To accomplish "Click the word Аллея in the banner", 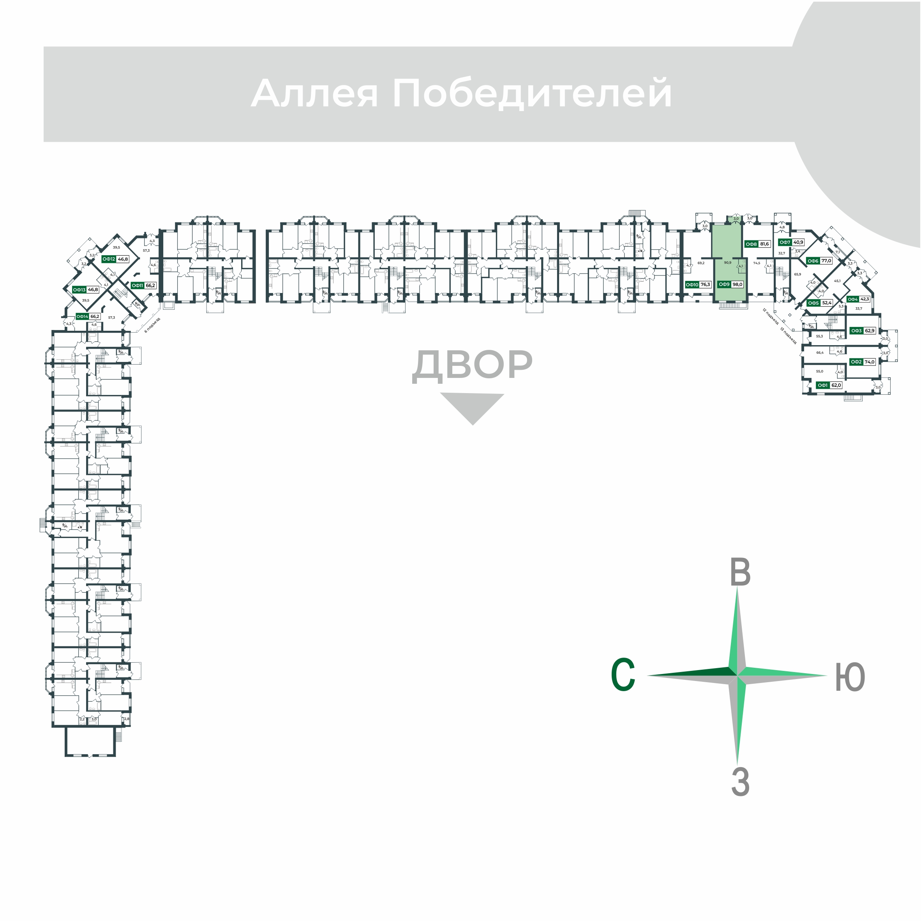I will click(315, 94).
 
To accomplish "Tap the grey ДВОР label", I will click(472, 365).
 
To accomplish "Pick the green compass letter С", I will click(623, 674).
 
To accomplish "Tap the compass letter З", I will click(740, 782).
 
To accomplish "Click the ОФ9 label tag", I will click(724, 284).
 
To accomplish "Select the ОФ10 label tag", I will click(692, 284).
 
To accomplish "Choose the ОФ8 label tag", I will click(751, 244).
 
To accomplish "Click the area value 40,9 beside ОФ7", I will click(798, 242).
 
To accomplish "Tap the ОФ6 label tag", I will click(813, 261).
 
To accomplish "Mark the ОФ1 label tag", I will click(822, 385).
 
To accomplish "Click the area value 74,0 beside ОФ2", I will click(870, 362).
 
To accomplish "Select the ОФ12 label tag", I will click(109, 259).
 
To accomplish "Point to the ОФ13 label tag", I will click(79, 289).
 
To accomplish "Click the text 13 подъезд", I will click(789, 335).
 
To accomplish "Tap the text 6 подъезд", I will click(153, 325).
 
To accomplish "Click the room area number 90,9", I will click(727, 263).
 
